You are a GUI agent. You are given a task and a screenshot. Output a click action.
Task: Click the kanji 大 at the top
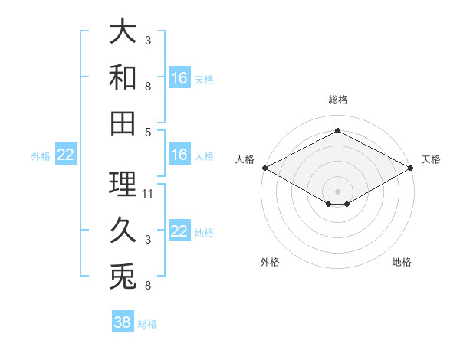coord(123,31)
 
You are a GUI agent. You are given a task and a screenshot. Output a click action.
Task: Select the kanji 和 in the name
coord(123,77)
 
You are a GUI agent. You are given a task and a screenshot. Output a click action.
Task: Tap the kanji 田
coord(123,123)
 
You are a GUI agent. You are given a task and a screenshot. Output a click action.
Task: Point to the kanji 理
coord(123,184)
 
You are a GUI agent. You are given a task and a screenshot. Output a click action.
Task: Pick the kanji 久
coord(123,230)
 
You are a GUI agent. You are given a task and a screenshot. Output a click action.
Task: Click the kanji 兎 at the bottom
coord(123,277)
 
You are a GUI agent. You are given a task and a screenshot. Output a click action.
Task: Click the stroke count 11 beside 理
coord(147,194)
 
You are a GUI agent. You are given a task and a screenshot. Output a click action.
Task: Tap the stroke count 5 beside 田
coord(148,133)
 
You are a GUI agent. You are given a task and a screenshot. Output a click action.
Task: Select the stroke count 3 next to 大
coord(148,40)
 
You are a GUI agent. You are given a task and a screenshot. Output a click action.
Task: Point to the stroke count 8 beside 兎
coord(148,285)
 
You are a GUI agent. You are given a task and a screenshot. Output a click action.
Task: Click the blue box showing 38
coord(123,321)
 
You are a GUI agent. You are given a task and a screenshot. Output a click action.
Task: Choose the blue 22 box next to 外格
coord(66,154)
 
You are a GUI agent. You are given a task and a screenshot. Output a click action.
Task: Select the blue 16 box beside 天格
coord(179,77)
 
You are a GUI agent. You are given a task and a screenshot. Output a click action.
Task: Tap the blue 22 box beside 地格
coord(179,230)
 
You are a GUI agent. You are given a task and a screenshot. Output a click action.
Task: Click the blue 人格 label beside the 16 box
coord(204,156)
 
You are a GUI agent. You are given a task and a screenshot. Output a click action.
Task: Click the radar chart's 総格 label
coord(338,100)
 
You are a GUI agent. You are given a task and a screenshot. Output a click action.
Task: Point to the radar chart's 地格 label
coord(402,262)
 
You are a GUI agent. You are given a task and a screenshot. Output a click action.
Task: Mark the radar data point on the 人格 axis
coord(265,168)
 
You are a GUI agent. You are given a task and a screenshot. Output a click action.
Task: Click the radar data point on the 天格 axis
coord(411,168)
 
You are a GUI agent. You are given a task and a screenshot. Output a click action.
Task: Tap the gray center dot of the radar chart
coord(337,191)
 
